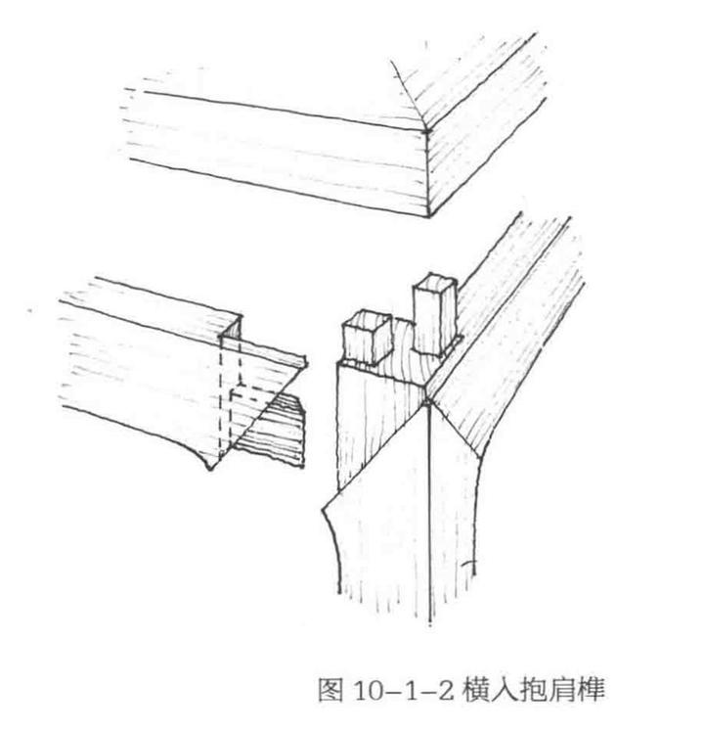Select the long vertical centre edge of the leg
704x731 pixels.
click(x=429, y=509)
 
